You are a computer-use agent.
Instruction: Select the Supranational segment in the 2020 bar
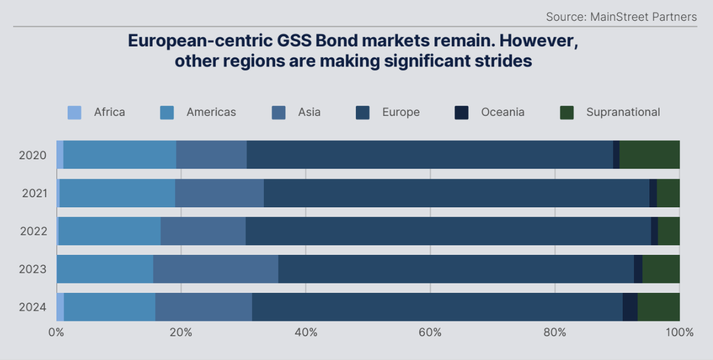(x=649, y=154)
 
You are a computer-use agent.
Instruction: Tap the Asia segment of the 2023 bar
(x=216, y=269)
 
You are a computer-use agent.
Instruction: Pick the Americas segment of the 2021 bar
(x=117, y=193)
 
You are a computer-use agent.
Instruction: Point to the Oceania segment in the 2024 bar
(x=630, y=307)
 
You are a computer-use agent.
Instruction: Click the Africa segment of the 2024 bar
(x=60, y=307)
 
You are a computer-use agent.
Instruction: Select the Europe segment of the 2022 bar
(x=448, y=231)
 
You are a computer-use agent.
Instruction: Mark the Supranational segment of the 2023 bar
(x=661, y=269)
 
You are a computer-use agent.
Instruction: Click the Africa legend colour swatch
(x=74, y=112)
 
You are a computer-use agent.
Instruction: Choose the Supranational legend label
(x=623, y=112)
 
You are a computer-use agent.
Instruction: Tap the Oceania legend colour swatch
(x=462, y=112)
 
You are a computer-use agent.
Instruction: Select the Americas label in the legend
(x=211, y=112)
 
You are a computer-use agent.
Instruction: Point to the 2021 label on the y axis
(x=34, y=193)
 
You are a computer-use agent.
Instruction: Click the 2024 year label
(x=33, y=307)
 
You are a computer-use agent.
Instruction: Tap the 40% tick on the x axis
(x=305, y=332)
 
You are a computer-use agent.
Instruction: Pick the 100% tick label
(x=679, y=332)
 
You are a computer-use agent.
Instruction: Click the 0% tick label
(x=56, y=332)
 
